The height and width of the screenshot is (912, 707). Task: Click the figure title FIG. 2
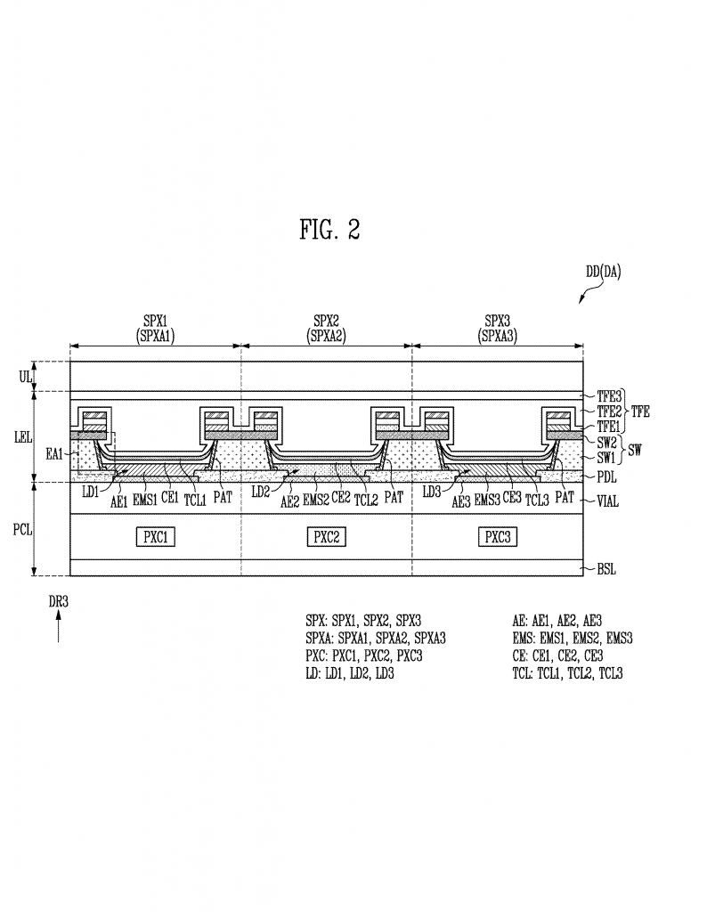(329, 229)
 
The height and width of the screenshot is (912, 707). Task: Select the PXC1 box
(156, 537)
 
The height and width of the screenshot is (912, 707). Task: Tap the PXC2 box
(327, 537)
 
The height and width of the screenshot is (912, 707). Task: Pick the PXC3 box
(498, 537)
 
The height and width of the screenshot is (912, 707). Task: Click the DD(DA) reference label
(603, 272)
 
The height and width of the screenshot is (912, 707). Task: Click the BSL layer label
(606, 569)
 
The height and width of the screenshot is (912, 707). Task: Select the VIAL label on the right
(608, 501)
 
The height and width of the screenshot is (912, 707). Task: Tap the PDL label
(607, 477)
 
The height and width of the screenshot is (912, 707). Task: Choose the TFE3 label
(609, 396)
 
